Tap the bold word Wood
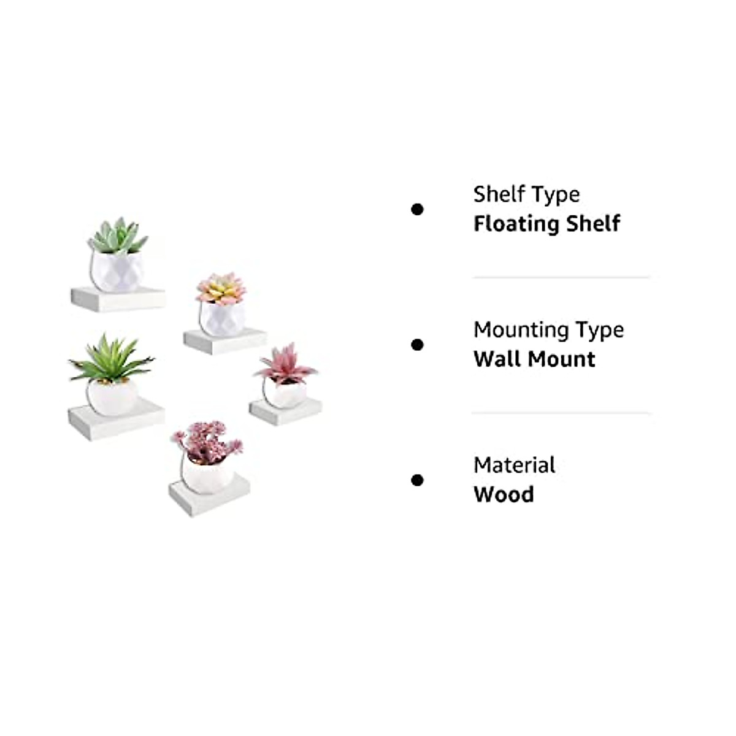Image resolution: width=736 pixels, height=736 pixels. point(504,494)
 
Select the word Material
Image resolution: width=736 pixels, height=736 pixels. point(514,465)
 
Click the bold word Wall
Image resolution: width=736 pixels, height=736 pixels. point(494,359)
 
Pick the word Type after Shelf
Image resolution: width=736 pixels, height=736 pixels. point(556,194)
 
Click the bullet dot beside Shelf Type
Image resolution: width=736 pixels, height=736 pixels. point(418,210)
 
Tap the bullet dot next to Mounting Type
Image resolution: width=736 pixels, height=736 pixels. point(418,345)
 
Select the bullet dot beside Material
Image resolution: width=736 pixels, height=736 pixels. point(418,480)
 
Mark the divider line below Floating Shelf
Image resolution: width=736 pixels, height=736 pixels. point(561,278)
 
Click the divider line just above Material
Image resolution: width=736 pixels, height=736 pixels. point(561,413)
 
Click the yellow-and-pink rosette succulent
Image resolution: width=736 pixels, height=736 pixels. point(221,289)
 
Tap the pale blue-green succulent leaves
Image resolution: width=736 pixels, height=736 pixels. point(118,236)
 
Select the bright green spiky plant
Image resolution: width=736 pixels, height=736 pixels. point(111,359)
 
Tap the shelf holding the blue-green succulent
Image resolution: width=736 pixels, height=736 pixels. point(118,299)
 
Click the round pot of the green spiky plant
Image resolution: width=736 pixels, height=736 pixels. point(112,397)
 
